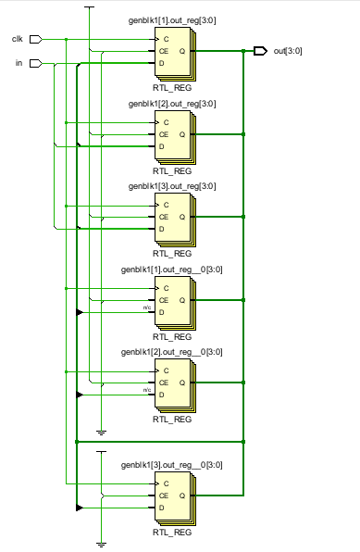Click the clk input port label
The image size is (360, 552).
[17, 39]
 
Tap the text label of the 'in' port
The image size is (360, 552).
[19, 63]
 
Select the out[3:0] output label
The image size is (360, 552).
[286, 50]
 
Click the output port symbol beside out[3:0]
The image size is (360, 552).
[260, 50]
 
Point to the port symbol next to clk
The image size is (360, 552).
[36, 39]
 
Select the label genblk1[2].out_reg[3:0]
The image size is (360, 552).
[172, 104]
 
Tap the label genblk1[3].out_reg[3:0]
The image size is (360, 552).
[172, 186]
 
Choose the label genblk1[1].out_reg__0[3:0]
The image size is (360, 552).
[172, 270]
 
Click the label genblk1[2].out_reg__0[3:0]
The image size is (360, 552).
[172, 352]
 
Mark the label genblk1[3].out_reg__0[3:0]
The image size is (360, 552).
[172, 464]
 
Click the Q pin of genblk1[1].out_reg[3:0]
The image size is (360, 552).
[181, 51]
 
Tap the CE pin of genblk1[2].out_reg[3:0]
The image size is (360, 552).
[165, 134]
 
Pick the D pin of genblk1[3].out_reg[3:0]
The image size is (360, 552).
[163, 229]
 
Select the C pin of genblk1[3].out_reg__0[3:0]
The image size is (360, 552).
[163, 483]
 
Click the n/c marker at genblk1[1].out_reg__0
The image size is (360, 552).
[146, 307]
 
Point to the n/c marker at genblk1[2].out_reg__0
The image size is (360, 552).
[146, 390]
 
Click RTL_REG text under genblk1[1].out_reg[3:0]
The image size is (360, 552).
[172, 88]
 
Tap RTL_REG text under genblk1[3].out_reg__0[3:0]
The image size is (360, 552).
[172, 532]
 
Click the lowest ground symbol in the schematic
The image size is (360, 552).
[102, 543]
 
